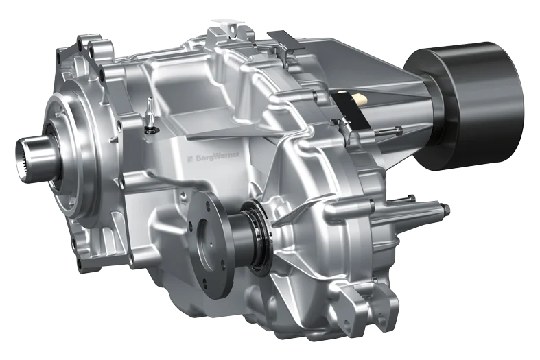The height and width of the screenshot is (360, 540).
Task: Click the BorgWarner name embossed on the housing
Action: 218,156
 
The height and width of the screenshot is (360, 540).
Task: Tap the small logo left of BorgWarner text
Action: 190,158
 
